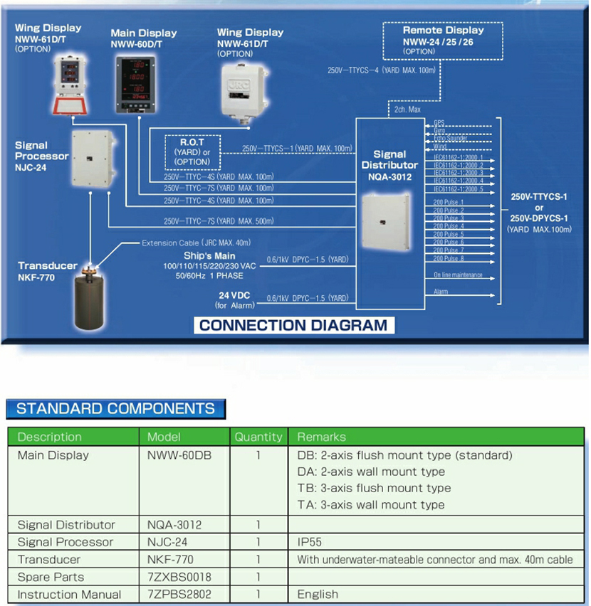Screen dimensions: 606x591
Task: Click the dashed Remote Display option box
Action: [443, 40]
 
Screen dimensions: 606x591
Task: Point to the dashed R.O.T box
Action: [192, 151]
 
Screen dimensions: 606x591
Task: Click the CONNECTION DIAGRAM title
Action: [293, 326]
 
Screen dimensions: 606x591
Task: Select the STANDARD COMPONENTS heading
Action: [115, 408]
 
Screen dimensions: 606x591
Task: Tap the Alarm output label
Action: [441, 292]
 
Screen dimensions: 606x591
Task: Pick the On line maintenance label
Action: [458, 275]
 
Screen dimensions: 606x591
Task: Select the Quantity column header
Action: [258, 437]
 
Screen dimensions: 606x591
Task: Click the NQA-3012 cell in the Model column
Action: [174, 525]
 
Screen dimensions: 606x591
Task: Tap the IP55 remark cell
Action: [310, 542]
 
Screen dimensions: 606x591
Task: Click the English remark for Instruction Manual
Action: [318, 594]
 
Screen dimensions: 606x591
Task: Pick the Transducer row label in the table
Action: [49, 560]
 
